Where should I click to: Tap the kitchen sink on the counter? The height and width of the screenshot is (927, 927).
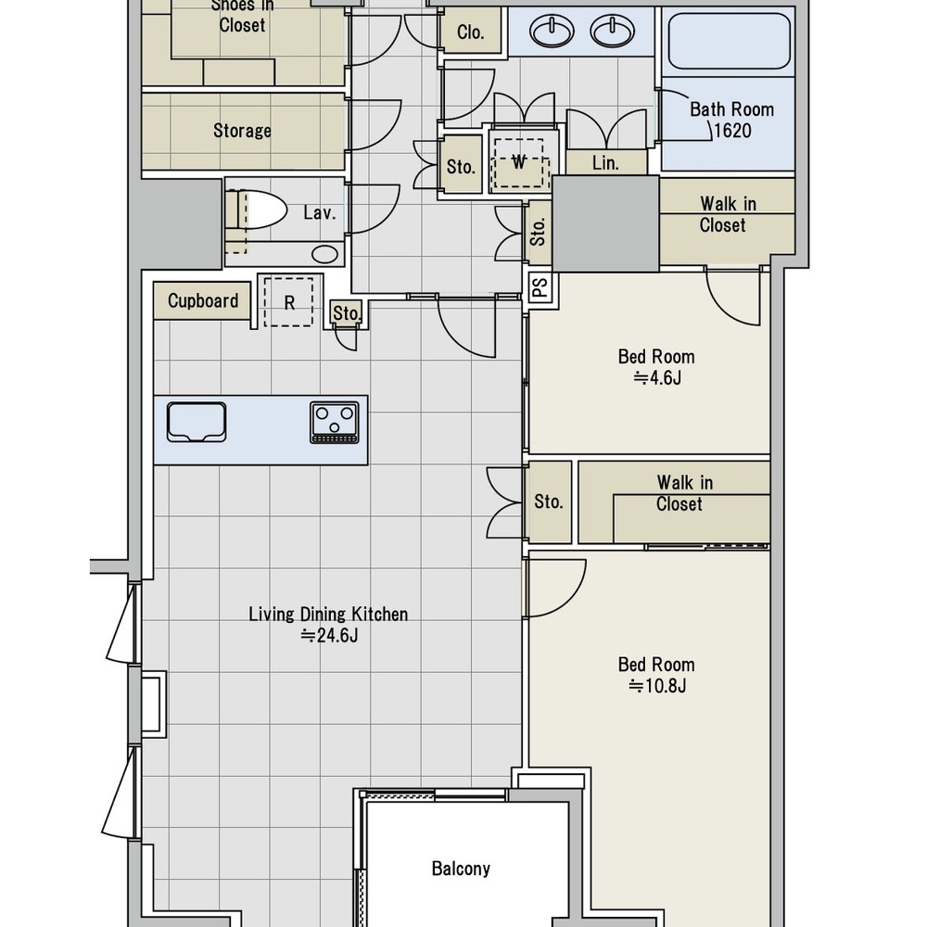pos(197,422)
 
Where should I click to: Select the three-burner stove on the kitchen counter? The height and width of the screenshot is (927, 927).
pos(335,422)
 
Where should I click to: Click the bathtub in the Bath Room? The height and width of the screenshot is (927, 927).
pos(729,41)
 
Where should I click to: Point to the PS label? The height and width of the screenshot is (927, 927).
pos(540,288)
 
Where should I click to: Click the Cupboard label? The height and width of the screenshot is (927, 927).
pos(203,301)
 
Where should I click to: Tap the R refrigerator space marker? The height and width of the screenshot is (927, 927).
pos(288,302)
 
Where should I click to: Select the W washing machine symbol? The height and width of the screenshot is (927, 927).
pos(518,162)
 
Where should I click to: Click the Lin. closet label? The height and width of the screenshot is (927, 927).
pos(605,163)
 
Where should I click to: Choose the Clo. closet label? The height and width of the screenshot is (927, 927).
pos(471,32)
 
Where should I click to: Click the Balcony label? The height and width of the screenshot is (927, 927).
pos(461,869)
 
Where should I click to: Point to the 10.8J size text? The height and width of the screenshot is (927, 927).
pos(657,686)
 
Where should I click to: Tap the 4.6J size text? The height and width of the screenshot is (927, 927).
pos(657,377)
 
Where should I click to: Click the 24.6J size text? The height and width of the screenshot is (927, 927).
pos(329,636)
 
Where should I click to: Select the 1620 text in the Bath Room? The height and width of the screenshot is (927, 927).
pos(732,131)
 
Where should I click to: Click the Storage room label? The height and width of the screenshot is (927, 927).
pos(242,131)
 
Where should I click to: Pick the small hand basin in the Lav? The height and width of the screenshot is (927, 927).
pos(325,254)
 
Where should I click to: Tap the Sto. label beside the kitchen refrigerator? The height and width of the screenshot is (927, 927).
pos(347,313)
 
